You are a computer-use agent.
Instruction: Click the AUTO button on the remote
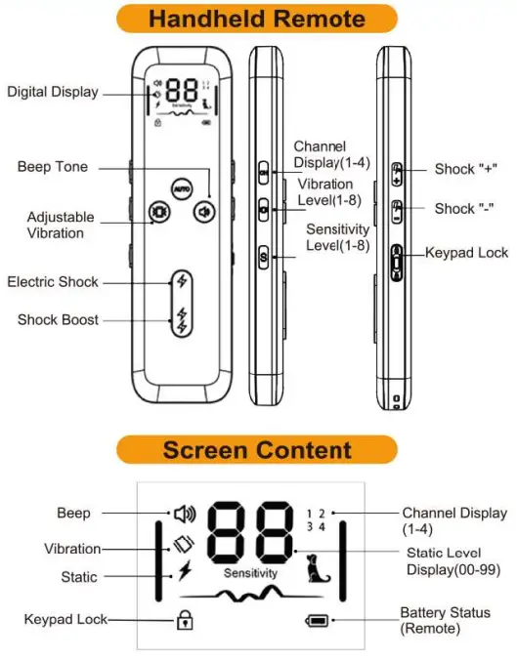coord(182,188)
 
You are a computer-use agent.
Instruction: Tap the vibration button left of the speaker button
coord(160,211)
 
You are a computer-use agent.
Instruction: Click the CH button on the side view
coord(263,172)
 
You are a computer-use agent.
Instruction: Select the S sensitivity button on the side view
coord(263,257)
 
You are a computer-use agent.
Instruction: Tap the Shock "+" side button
coord(397,174)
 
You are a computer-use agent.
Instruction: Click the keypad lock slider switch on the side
coord(396,263)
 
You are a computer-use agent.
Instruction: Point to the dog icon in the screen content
coord(318,568)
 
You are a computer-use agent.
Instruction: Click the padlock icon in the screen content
coord(185,619)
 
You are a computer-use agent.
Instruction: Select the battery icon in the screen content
coord(317,621)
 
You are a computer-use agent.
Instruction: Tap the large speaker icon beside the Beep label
coord(185,514)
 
